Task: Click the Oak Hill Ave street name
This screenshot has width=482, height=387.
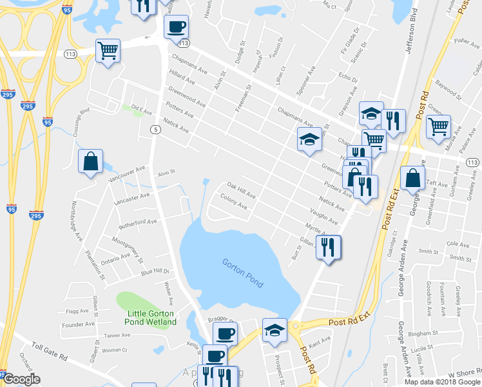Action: (241, 191)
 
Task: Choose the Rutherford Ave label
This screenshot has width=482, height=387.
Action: (138, 222)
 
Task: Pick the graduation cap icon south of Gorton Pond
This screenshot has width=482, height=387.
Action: (275, 330)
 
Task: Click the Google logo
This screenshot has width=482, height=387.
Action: (21, 379)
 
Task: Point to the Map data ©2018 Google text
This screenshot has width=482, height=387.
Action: (442, 381)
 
